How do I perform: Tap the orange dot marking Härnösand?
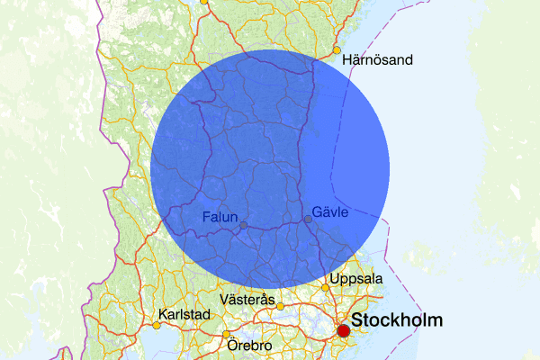click(x=337, y=50)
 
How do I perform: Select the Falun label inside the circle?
click(x=220, y=217)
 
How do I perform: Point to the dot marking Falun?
click(x=243, y=225)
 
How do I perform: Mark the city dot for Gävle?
click(x=308, y=219)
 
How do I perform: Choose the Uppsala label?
click(x=356, y=279)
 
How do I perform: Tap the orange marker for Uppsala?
click(x=326, y=288)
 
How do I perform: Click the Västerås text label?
click(x=247, y=298)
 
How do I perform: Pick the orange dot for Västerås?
click(x=280, y=306)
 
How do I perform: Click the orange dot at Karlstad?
click(x=156, y=324)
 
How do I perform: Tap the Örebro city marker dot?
click(x=226, y=335)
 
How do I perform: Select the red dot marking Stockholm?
click(x=343, y=331)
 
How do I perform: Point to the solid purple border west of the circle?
click(x=126, y=180)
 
